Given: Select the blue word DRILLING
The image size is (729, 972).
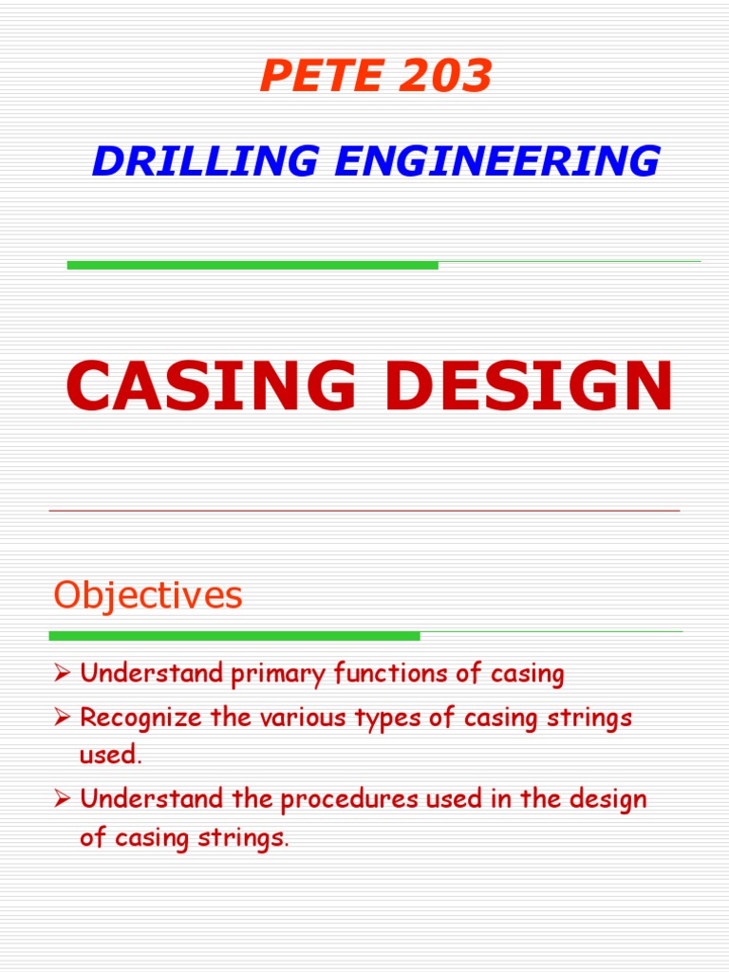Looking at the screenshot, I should click(205, 161).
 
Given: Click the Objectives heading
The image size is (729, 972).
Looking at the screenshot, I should click(148, 596).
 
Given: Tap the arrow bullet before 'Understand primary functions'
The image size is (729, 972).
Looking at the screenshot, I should click(63, 675).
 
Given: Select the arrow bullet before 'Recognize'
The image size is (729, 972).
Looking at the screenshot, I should click(63, 719).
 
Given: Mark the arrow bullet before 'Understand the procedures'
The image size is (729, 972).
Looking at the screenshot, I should click(63, 799).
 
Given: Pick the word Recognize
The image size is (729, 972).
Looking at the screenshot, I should click(140, 718).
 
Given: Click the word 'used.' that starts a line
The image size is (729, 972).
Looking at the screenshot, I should click(110, 757).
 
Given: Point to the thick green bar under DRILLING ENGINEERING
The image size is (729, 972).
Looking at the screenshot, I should click(252, 265).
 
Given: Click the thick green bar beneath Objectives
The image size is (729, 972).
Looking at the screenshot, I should click(234, 636).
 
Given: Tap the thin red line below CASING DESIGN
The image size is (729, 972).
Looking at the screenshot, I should click(364, 511).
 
